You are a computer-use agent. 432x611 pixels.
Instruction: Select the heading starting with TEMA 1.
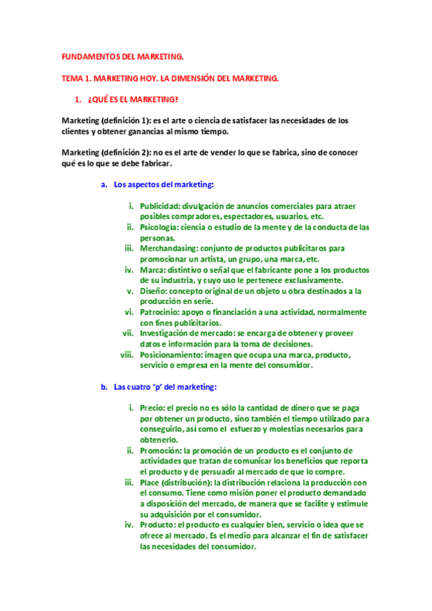tap(169, 78)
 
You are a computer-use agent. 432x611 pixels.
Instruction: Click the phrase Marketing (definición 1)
tap(106, 120)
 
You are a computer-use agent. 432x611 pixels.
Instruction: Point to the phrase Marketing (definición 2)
tap(106, 153)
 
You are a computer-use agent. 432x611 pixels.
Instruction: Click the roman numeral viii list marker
tap(127, 354)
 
